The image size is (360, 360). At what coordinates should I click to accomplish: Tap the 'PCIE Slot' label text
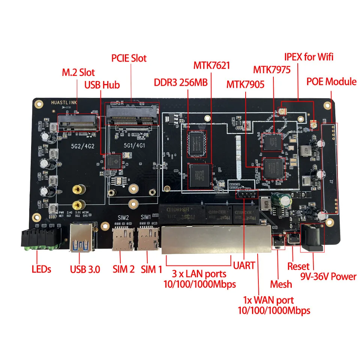(129, 58)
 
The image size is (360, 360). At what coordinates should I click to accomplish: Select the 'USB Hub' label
(102, 85)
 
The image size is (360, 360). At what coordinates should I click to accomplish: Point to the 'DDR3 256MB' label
(181, 82)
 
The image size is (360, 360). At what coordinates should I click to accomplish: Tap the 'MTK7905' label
(245, 84)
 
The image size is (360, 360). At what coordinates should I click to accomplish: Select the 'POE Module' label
(331, 81)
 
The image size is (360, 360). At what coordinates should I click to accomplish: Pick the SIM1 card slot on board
(147, 239)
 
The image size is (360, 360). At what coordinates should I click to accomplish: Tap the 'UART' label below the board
(244, 265)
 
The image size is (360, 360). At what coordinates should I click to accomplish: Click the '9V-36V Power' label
(328, 277)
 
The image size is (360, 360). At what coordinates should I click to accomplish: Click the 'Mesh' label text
(281, 284)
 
